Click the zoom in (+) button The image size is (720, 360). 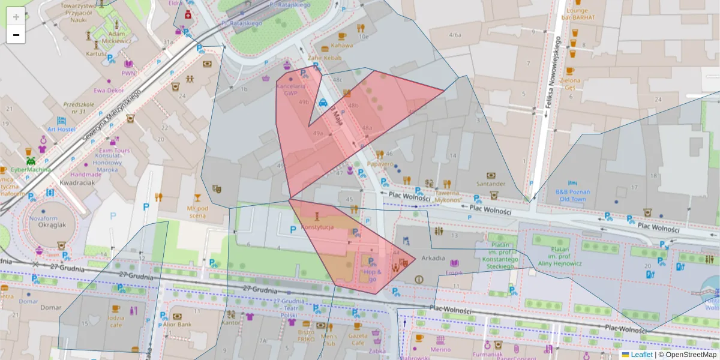(16, 17)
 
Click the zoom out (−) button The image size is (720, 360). (16, 35)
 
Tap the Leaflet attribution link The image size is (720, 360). (641, 355)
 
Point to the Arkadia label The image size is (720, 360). (433, 259)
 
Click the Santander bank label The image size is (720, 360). (490, 184)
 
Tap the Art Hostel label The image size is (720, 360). (61, 130)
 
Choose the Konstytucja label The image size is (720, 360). (317, 227)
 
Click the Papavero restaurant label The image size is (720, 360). (380, 164)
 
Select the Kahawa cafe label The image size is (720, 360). (341, 45)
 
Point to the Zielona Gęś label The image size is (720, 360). (570, 83)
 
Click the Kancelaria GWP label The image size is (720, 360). (291, 89)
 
